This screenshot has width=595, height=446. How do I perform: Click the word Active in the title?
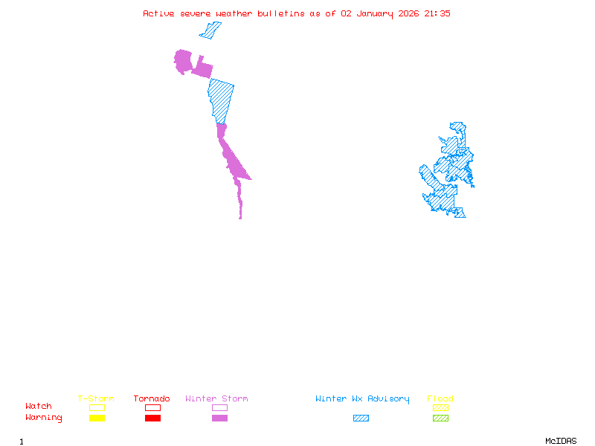(x=159, y=13)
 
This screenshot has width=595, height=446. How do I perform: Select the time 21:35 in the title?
(x=437, y=13)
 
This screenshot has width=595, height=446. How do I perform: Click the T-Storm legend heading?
(x=96, y=399)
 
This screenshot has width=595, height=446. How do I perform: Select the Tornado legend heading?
(x=152, y=399)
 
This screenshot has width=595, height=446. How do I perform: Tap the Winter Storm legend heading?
(x=216, y=399)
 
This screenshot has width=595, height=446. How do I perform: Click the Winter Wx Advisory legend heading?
(x=362, y=399)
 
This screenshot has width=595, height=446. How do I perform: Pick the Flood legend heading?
(x=440, y=399)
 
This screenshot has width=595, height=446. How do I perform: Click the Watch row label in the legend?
(x=39, y=407)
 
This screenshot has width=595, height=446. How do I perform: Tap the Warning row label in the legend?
(x=44, y=418)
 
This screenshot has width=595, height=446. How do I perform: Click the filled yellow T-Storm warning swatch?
(x=97, y=418)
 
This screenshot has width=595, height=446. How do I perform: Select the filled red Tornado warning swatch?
(x=152, y=418)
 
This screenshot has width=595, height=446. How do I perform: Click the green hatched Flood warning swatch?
(x=440, y=418)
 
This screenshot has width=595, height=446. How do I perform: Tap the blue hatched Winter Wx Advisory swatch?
(x=361, y=418)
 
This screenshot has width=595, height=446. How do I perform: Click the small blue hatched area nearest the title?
(x=210, y=30)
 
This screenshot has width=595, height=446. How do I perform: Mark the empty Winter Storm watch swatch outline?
(x=219, y=407)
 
